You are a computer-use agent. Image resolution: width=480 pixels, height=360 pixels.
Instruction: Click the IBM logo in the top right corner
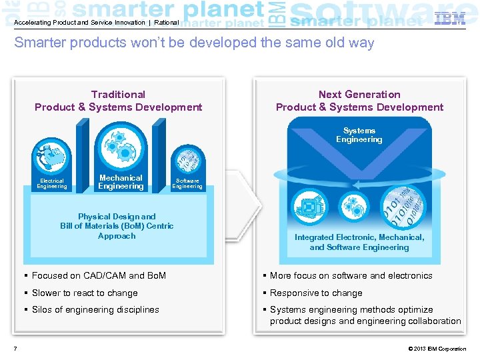pos(450,19)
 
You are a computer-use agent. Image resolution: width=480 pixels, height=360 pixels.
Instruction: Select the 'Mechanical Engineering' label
pos(121,182)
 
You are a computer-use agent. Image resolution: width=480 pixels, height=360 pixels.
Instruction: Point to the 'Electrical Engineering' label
pos(52,183)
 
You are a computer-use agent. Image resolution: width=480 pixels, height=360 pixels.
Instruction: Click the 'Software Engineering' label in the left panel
pos(187,183)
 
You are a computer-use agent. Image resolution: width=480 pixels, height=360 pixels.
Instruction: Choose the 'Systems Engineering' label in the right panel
pos(359,135)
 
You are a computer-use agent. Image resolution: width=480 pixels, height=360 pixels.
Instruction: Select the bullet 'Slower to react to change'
pos(85,293)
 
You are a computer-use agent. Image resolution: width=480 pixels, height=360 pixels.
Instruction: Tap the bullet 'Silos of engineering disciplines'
pos(95,309)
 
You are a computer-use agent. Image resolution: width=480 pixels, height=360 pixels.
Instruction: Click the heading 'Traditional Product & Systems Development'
pos(118,101)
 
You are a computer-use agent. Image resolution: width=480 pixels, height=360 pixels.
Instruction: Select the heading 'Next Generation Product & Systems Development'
pos(359,101)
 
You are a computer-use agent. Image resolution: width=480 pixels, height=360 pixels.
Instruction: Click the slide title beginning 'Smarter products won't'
pos(194,43)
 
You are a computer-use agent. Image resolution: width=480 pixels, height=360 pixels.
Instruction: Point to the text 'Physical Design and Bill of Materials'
pos(117,225)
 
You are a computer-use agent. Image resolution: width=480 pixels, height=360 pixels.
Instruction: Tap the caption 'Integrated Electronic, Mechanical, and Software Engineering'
pos(359,242)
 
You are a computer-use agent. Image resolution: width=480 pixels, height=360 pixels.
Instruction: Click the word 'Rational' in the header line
pos(165,23)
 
